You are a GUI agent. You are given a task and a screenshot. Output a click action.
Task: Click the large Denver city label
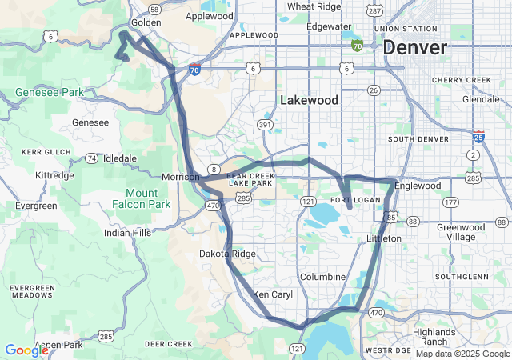coord(414,47)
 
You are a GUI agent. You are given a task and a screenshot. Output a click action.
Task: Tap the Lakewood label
coord(309,100)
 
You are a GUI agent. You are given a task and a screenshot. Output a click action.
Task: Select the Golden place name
coord(146,22)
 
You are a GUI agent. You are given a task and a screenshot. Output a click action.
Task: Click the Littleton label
coord(383,238)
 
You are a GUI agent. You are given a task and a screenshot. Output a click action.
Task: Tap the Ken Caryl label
coord(273,294)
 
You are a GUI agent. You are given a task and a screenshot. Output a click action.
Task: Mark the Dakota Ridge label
coord(227,254)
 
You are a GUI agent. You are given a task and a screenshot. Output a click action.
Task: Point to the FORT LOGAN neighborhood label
coord(350,199)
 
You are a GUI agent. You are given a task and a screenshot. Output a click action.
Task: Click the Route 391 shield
coord(265,125)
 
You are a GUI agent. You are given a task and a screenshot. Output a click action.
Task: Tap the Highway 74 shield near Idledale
coord(92,158)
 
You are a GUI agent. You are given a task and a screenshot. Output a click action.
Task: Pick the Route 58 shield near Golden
coord(154,9)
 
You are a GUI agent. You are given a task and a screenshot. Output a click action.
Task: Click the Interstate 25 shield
coord(478,136)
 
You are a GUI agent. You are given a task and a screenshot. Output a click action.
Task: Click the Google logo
coord(26,350)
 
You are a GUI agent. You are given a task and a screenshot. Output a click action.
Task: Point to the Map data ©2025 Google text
coord(462,353)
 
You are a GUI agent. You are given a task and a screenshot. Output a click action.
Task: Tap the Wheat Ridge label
coord(311,6)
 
